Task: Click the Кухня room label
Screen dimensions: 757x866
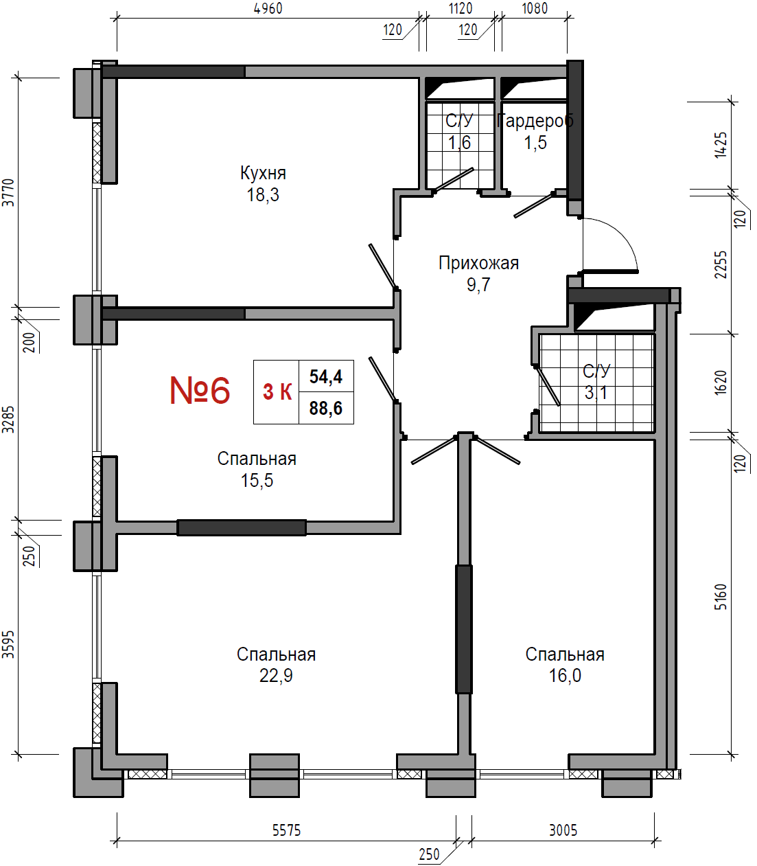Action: coord(263,173)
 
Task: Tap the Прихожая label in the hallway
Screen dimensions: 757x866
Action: coord(478,263)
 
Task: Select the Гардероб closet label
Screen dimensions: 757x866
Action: coord(535,121)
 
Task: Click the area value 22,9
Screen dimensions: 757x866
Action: coord(276,676)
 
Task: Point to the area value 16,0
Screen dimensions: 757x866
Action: coord(565,676)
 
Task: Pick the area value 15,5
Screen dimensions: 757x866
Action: coord(257,481)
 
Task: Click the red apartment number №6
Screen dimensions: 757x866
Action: coord(200,390)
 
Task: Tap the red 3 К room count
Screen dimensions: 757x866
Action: coord(277,391)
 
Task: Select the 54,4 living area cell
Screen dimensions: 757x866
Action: coord(325,376)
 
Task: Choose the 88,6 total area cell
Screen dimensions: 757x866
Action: coord(325,409)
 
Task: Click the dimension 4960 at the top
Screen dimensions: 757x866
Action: coord(268,8)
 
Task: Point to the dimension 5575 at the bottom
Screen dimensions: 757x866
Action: coord(286,830)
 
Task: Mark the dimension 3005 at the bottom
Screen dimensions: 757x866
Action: coord(563,830)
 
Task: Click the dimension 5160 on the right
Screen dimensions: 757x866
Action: coord(721,597)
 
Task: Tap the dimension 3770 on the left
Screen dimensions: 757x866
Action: coord(8,192)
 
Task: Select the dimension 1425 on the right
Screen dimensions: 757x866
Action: coord(721,145)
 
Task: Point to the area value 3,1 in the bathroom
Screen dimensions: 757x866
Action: coord(596,392)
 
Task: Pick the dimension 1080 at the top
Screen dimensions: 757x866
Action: coord(535,8)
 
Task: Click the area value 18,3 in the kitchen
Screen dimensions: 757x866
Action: coord(263,195)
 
